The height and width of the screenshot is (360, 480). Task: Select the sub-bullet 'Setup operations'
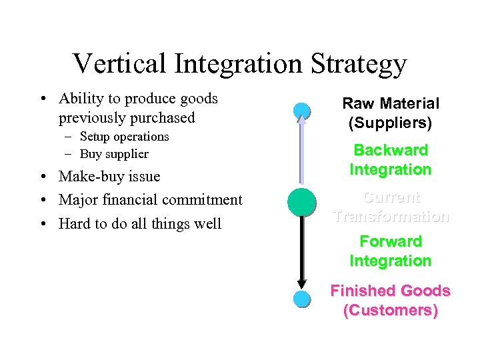pyautogui.click(x=124, y=137)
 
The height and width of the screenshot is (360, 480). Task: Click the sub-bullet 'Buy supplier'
pyautogui.click(x=114, y=154)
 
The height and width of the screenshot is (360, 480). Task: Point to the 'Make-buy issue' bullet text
pyautogui.click(x=109, y=177)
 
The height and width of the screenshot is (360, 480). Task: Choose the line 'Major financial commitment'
pyautogui.click(x=150, y=200)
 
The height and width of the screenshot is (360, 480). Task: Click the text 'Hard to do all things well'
pyautogui.click(x=140, y=223)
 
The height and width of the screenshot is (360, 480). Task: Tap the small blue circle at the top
pyautogui.click(x=302, y=111)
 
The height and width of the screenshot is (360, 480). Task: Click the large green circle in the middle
pyautogui.click(x=302, y=202)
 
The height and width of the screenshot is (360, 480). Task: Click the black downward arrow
pyautogui.click(x=302, y=253)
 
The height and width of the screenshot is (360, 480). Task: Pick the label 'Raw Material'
pyautogui.click(x=391, y=103)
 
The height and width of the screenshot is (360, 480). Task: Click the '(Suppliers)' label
pyautogui.click(x=391, y=123)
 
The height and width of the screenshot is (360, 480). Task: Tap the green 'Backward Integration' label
pyautogui.click(x=391, y=160)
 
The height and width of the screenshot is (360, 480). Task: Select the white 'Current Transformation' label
pyautogui.click(x=391, y=207)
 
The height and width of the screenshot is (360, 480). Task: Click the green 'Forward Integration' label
pyautogui.click(x=391, y=251)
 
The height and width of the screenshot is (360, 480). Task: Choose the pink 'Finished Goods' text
pyautogui.click(x=391, y=291)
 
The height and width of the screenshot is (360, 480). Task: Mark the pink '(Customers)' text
pyautogui.click(x=391, y=311)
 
